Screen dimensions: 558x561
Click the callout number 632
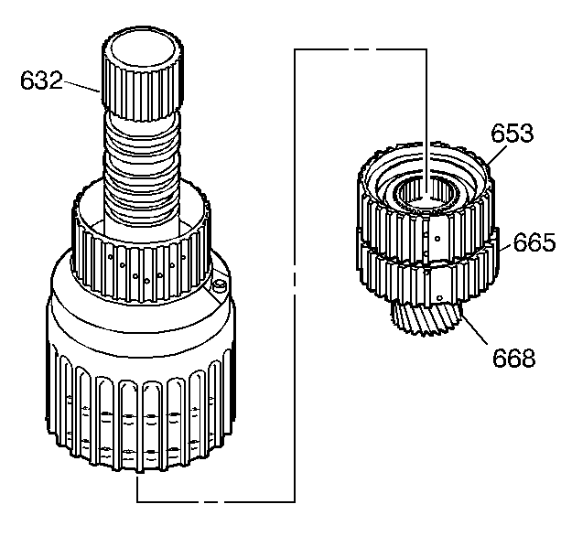click(41, 80)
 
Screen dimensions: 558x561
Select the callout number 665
click(534, 243)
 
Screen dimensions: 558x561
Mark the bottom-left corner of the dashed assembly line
click(137, 500)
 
